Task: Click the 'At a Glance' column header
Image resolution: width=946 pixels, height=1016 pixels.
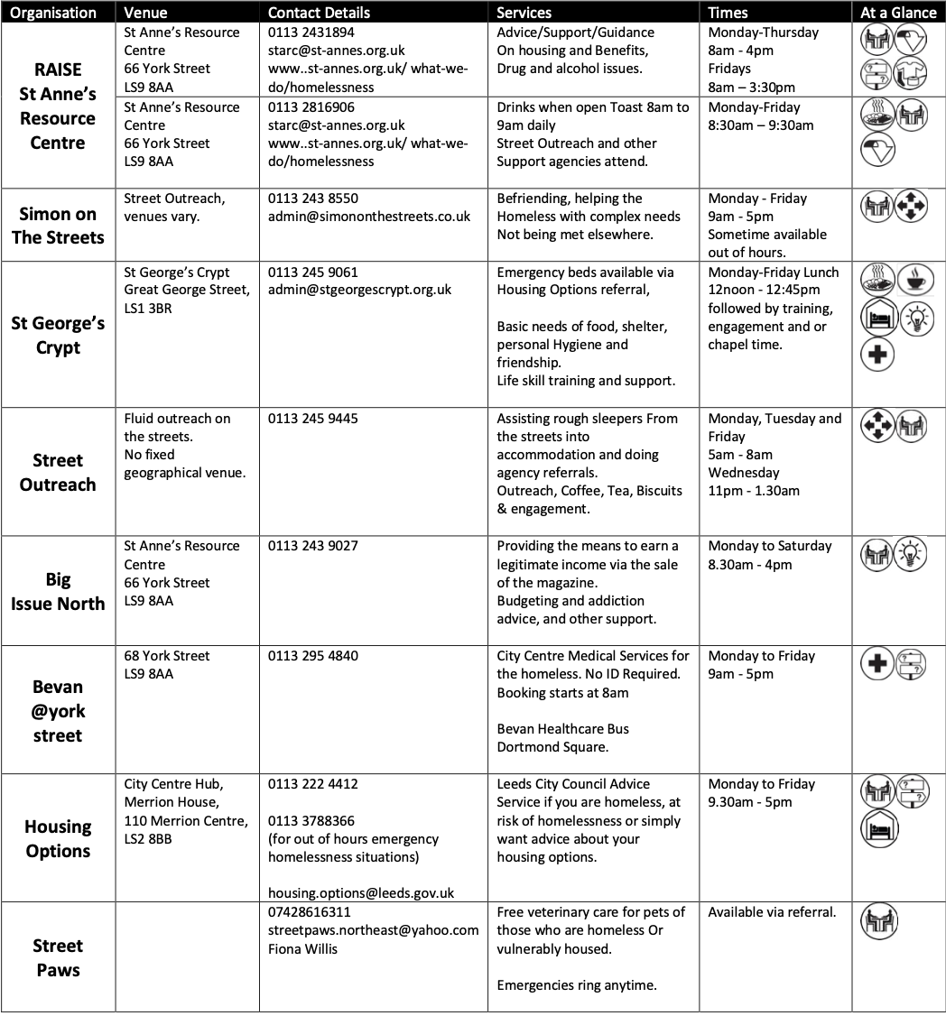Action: tap(898, 13)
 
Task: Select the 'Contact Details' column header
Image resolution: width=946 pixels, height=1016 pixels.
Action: tap(319, 13)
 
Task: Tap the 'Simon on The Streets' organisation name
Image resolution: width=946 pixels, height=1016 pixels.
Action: tap(58, 226)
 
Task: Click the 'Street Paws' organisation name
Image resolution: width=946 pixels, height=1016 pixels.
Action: tap(58, 957)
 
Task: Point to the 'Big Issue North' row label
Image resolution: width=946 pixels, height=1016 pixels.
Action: tap(58, 591)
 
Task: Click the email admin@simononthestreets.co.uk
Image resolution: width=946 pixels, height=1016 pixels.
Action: tap(369, 217)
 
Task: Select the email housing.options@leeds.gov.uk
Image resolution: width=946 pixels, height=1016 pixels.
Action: tap(361, 892)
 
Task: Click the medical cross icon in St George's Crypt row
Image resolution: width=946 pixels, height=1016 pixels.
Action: tap(876, 354)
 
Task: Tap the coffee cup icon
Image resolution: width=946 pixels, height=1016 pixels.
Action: tap(914, 280)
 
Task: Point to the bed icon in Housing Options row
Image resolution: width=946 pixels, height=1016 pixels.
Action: tap(878, 827)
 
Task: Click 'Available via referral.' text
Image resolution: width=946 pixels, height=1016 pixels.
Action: tap(772, 912)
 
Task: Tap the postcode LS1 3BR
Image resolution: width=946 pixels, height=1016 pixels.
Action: tap(148, 309)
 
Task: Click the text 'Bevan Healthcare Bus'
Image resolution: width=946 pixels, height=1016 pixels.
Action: tap(562, 729)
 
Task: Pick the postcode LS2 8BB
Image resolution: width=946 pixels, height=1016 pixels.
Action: tap(148, 839)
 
